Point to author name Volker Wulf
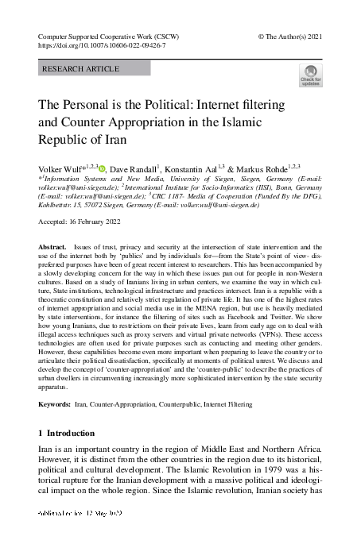(x=60, y=168)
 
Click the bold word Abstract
(x=52, y=249)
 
